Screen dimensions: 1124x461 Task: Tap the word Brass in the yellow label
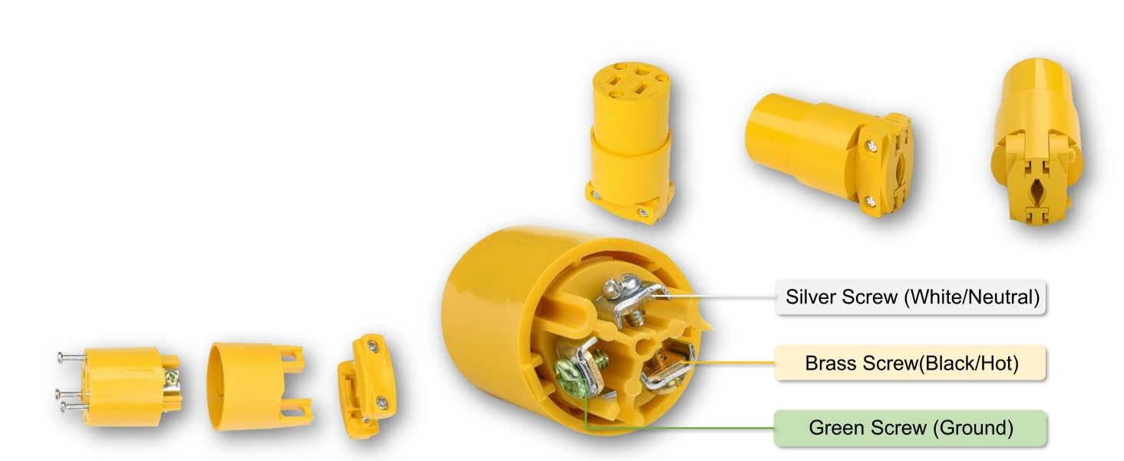pyautogui.click(x=828, y=363)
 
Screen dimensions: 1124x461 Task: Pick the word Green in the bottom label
pyautogui.click(x=836, y=428)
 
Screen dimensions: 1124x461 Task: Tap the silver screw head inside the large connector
pyautogui.click(x=619, y=288)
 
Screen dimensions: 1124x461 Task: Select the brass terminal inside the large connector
pyautogui.click(x=663, y=364)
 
